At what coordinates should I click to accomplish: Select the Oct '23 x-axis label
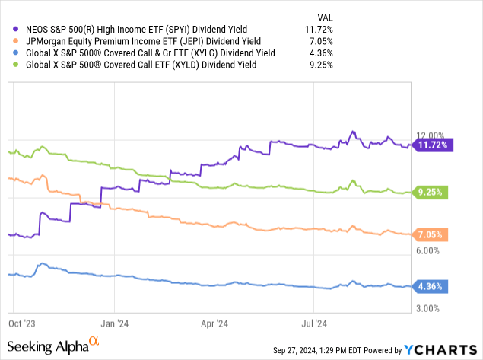click(x=22, y=322)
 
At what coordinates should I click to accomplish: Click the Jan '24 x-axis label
click(x=115, y=322)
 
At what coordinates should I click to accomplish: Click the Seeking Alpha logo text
click(x=53, y=347)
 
